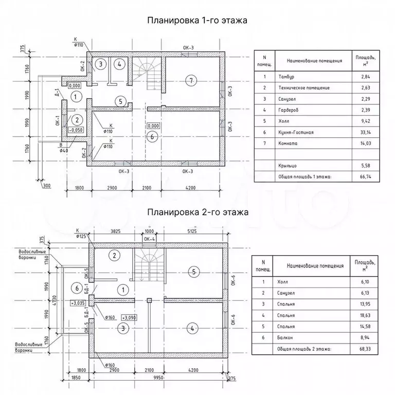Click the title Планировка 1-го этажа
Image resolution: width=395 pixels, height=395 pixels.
[x=197, y=21]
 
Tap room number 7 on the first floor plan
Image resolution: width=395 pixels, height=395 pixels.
[x=191, y=80]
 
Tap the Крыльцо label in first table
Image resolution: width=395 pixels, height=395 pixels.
[x=285, y=166]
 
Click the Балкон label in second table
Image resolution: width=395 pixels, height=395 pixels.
[x=284, y=338]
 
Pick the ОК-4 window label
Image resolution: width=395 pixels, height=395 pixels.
[x=149, y=239]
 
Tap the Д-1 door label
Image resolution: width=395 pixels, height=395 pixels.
[x=57, y=94]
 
